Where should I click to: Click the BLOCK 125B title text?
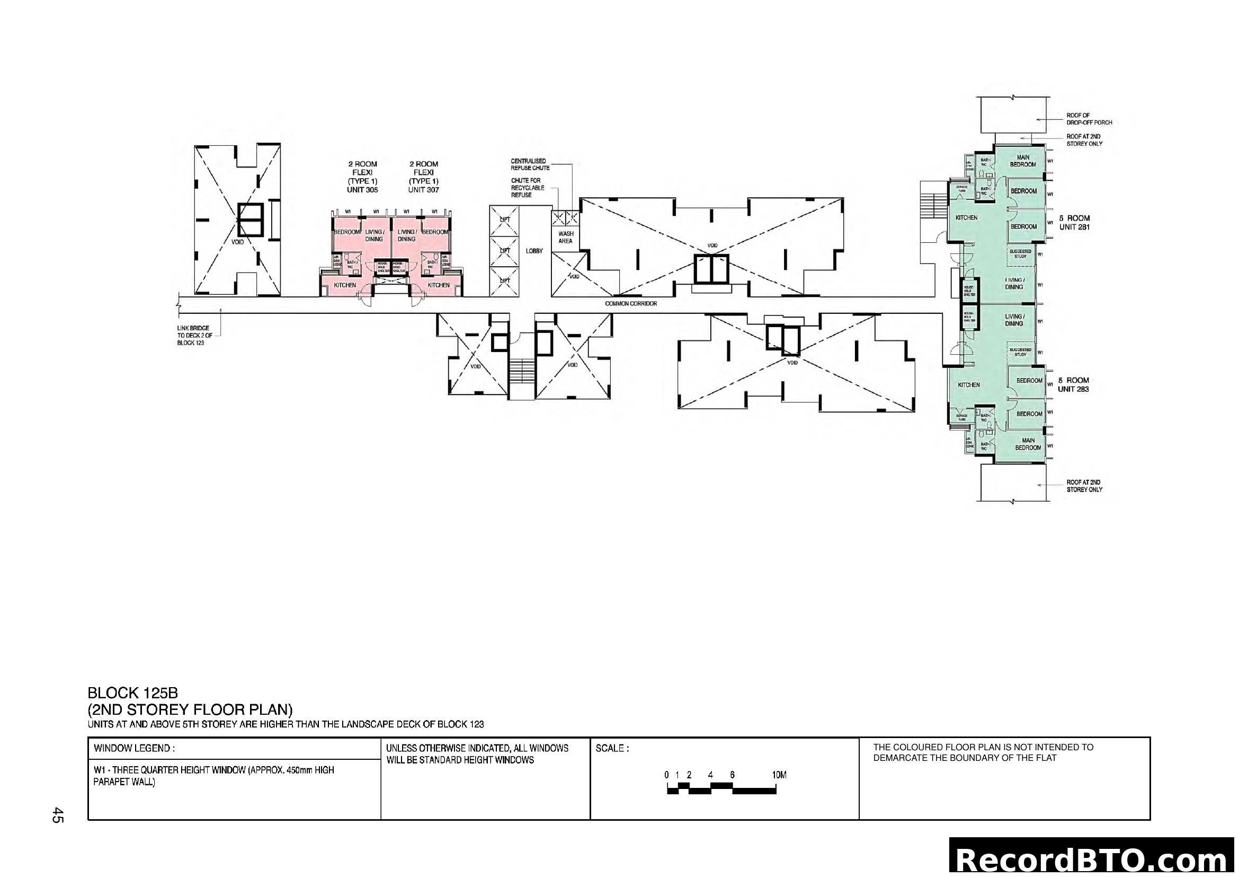click(132, 693)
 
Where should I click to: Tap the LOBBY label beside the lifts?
click(534, 251)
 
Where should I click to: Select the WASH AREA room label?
click(566, 237)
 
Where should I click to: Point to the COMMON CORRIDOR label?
click(630, 303)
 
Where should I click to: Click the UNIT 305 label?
click(362, 190)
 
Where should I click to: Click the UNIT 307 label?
click(423, 190)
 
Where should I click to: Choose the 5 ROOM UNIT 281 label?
click(1074, 223)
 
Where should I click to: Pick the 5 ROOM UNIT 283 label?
click(1073, 384)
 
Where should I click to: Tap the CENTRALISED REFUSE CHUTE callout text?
click(530, 164)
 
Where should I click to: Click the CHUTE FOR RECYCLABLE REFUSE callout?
click(527, 187)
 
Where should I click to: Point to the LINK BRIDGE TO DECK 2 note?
click(194, 335)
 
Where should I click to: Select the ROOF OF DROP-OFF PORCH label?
click(1089, 119)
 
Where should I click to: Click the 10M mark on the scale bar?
click(779, 775)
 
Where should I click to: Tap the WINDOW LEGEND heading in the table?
click(134, 749)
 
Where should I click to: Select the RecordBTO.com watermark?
click(1093, 858)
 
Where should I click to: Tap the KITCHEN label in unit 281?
click(966, 217)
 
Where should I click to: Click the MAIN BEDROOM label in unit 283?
click(1028, 444)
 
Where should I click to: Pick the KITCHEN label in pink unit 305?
click(345, 285)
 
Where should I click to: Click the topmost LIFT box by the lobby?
click(504, 221)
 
